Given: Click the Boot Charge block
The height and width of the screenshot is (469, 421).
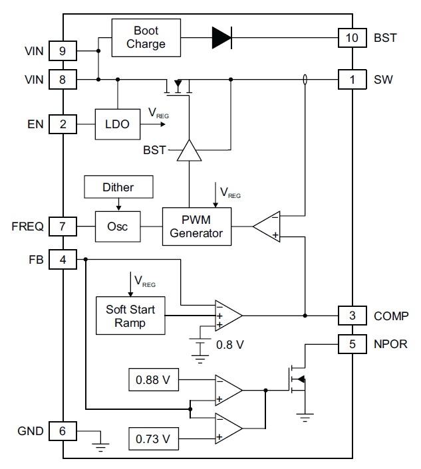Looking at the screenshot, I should [x=146, y=37].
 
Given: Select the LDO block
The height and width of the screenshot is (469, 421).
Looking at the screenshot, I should [x=118, y=124].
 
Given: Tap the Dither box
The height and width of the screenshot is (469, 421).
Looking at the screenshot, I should [x=118, y=187].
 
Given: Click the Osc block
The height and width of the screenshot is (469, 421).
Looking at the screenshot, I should [x=118, y=227].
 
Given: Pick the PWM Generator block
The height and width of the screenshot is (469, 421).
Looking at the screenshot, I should [x=197, y=227].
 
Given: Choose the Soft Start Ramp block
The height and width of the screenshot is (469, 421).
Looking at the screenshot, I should [x=130, y=316].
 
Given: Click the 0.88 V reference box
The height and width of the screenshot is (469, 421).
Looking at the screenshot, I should [x=152, y=381].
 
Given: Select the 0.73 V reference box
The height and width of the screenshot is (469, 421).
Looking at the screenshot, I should [x=152, y=439].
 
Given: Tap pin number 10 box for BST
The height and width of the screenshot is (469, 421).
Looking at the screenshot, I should [x=352, y=38].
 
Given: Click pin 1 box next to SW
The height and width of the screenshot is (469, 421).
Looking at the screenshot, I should [x=352, y=80].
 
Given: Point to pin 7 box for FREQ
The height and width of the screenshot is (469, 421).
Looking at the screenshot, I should [x=63, y=227].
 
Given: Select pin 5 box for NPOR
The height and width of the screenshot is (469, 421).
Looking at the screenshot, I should [x=352, y=344].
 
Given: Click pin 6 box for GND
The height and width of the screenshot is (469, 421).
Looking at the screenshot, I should [x=63, y=431].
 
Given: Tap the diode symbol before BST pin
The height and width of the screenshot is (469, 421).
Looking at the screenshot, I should [x=221, y=38].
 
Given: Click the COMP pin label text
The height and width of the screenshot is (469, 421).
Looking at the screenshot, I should [x=391, y=316].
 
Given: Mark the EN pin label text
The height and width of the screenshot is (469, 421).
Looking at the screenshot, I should [x=35, y=124].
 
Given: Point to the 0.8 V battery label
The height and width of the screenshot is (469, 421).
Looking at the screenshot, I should [x=230, y=345].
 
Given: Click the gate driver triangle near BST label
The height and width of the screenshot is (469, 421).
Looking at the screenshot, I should [x=189, y=151].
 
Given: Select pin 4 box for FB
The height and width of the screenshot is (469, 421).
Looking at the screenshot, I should [x=63, y=260].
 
